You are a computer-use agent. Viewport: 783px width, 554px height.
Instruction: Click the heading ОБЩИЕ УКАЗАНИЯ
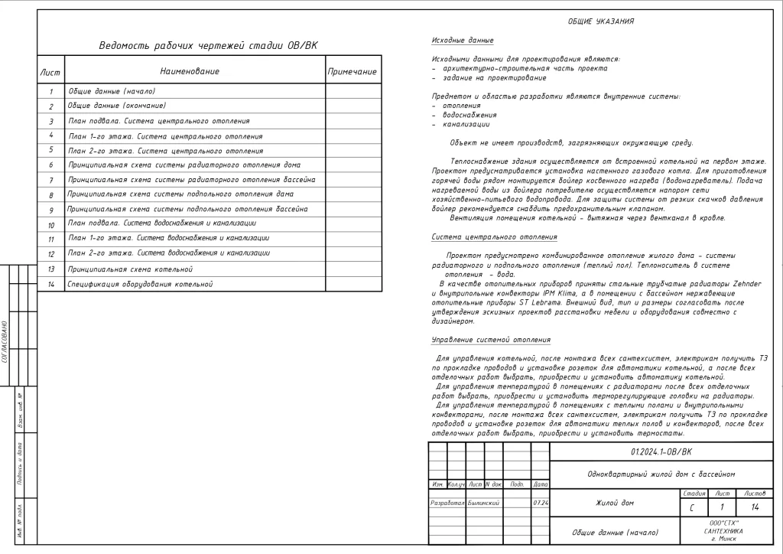[x=600, y=21]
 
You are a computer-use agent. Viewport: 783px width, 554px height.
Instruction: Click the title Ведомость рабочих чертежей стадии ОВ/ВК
[x=208, y=46]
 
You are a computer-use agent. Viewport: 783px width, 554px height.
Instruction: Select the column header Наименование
[x=190, y=71]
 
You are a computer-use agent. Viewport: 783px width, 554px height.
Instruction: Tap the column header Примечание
[x=352, y=72]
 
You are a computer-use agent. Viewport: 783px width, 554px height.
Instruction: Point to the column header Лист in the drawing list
[x=50, y=72]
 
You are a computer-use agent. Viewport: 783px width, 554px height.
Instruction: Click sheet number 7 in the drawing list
[x=51, y=180]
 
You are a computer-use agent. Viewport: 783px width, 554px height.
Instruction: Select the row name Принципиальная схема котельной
[x=130, y=269]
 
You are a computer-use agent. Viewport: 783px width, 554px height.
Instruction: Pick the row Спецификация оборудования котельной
[x=139, y=284]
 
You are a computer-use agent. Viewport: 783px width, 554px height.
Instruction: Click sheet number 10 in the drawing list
[x=51, y=226]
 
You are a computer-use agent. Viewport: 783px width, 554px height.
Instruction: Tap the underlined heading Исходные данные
[x=463, y=40]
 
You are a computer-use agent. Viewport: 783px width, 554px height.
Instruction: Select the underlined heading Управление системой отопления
[x=491, y=339]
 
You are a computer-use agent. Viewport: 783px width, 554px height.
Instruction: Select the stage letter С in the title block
[x=691, y=508]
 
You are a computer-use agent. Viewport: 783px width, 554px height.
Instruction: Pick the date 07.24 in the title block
[x=540, y=503]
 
